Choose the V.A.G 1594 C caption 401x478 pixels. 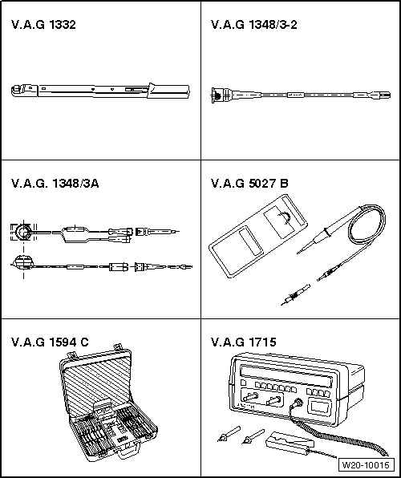(x=50, y=342)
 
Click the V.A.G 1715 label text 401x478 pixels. (x=244, y=342)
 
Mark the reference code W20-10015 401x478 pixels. (x=365, y=464)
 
